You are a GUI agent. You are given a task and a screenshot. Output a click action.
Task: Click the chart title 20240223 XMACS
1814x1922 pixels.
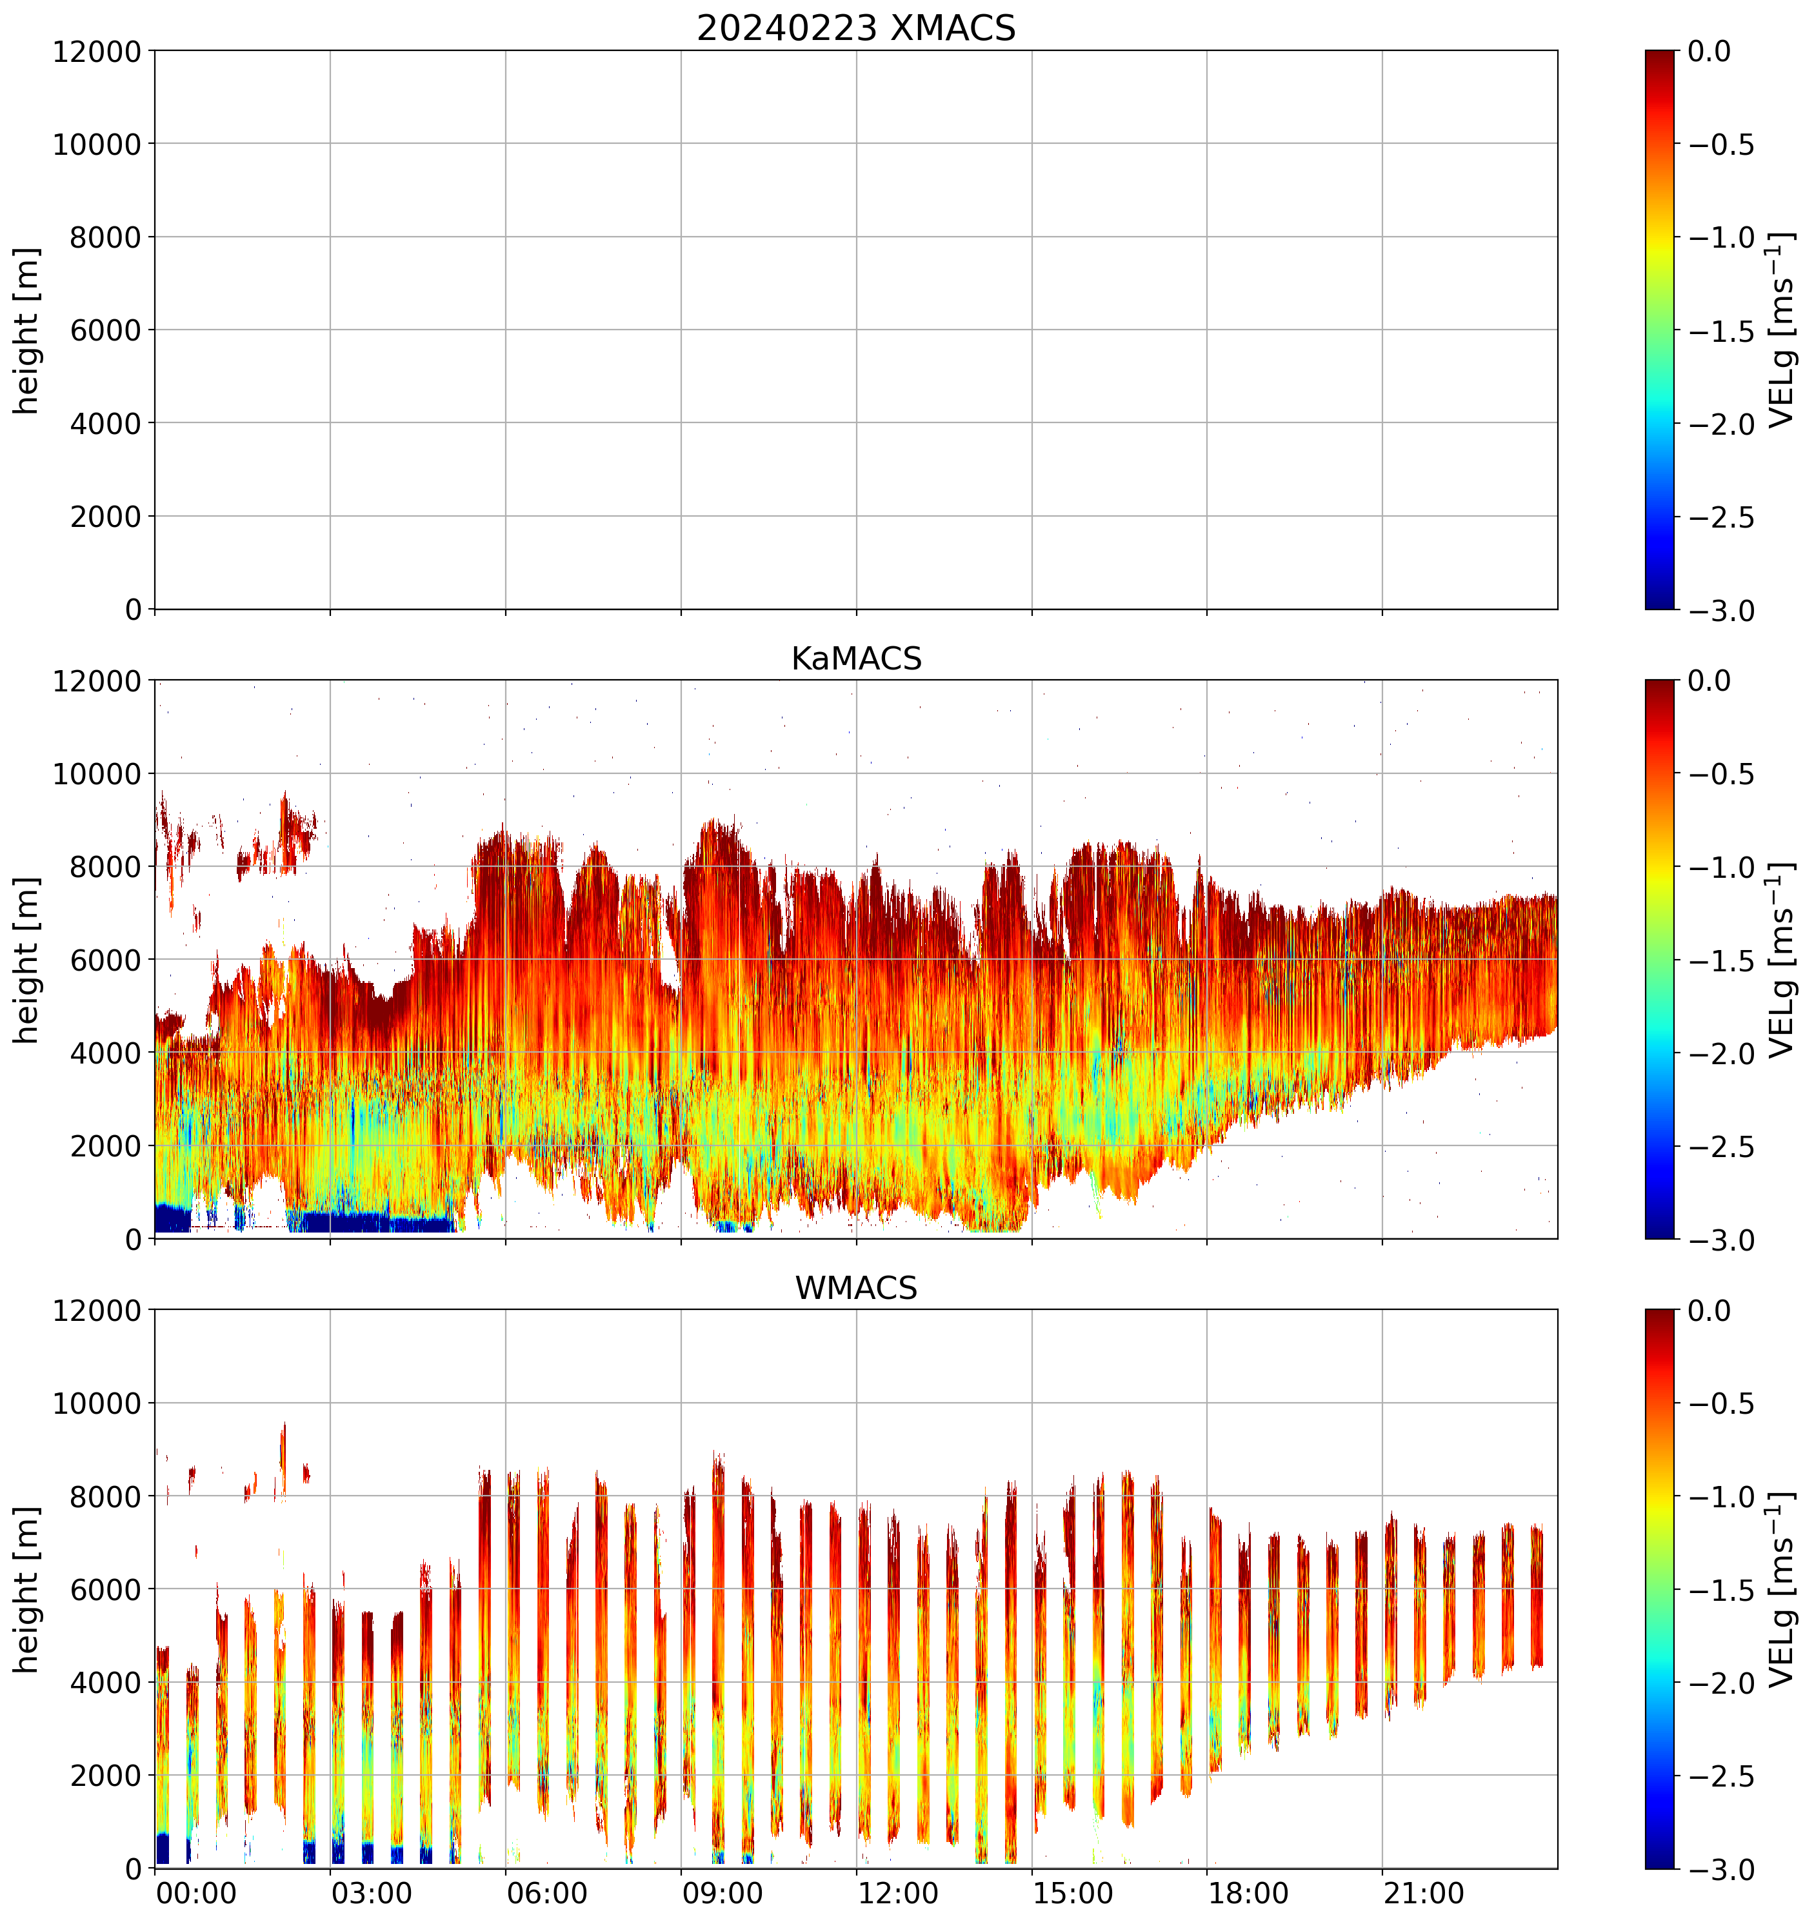click(x=856, y=28)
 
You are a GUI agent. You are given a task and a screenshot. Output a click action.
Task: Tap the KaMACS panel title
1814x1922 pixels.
click(x=856, y=659)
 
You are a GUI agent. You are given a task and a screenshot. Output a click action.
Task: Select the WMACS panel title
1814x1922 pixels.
click(x=856, y=1288)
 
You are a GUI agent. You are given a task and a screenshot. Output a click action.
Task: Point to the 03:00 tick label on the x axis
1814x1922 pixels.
click(x=372, y=1892)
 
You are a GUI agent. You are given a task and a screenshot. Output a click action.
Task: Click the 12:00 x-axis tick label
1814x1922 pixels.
click(x=897, y=1892)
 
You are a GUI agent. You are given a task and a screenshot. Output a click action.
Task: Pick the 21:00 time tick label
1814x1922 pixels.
click(x=1423, y=1892)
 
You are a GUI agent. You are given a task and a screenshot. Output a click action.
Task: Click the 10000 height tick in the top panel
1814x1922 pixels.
click(x=97, y=144)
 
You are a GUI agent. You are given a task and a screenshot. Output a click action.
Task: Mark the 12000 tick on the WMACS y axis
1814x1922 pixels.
click(x=97, y=1311)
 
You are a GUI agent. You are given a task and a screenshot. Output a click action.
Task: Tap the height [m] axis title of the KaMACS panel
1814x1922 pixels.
click(x=27, y=960)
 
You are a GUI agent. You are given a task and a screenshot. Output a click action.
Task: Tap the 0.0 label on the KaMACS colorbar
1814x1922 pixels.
click(x=1709, y=680)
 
